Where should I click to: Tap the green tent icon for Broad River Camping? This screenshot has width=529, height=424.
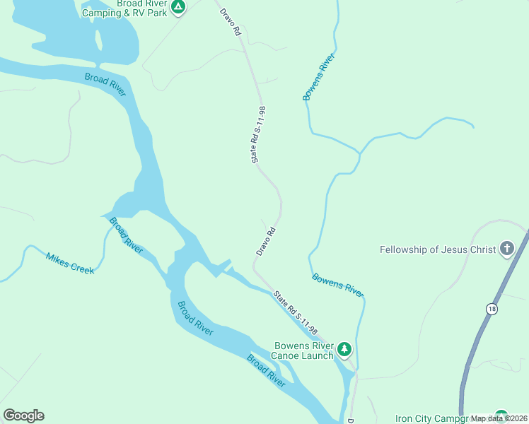[179, 7]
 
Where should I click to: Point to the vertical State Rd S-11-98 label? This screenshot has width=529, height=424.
[258, 135]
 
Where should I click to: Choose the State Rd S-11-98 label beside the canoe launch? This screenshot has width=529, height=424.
[296, 313]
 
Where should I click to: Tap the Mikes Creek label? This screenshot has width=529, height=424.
[70, 263]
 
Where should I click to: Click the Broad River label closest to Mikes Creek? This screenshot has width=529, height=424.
[125, 235]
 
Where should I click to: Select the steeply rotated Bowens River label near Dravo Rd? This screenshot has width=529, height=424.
[318, 76]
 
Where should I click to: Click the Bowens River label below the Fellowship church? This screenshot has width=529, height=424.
[338, 285]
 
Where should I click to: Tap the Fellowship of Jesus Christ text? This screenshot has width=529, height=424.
[438, 249]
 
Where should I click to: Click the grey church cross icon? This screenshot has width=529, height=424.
[506, 249]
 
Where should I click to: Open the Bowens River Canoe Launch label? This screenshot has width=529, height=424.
[303, 351]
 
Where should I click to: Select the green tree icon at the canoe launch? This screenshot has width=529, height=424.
[344, 349]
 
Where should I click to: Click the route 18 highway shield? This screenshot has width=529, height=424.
[491, 309]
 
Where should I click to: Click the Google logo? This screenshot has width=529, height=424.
[23, 416]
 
